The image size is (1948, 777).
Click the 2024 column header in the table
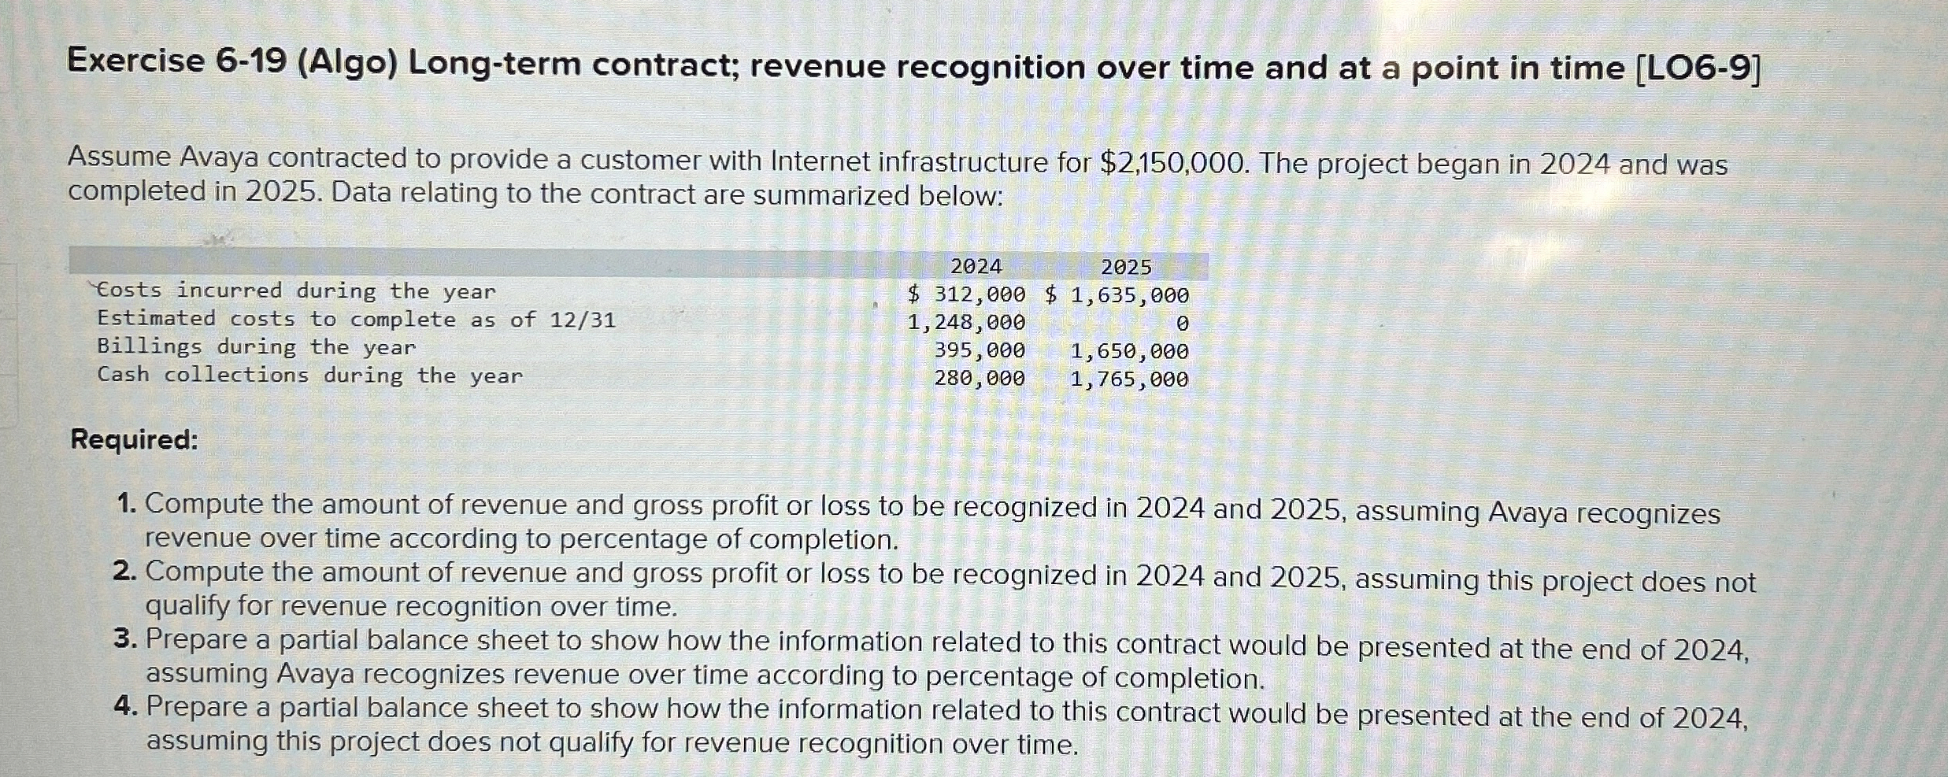click(976, 267)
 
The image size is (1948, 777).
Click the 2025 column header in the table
click(1126, 268)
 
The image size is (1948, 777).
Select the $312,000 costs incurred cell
click(967, 294)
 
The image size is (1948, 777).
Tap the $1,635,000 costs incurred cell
click(1117, 295)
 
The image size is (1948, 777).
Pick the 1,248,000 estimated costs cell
click(966, 323)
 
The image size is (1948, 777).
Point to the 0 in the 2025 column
click(1181, 324)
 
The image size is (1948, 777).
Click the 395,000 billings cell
click(980, 350)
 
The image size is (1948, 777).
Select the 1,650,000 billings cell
click(1129, 351)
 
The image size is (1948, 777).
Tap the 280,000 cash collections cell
click(980, 379)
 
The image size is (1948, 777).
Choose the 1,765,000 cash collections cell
click(1129, 379)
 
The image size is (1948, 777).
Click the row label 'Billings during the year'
click(256, 347)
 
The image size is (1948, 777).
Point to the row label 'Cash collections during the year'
click(309, 375)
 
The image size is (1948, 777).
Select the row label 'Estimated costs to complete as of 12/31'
click(356, 319)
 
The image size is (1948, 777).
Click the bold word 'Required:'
click(135, 439)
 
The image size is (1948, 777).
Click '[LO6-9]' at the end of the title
click(1698, 68)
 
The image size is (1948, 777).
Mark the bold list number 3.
click(125, 638)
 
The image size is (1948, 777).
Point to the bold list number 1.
click(127, 503)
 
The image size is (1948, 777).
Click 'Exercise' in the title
click(135, 61)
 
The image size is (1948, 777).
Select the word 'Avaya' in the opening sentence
click(219, 157)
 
